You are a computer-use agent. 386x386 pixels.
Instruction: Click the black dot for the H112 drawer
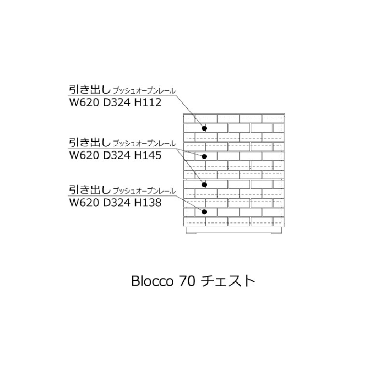[204, 128]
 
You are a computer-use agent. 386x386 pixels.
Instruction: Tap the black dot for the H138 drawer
[204, 212]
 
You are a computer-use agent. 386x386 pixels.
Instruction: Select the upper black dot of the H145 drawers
[204, 156]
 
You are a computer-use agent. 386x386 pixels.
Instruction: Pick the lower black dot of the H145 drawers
[204, 185]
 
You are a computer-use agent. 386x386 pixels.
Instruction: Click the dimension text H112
[148, 102]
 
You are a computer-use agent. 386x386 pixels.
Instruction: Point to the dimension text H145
[148, 155]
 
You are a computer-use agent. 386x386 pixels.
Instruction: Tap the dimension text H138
[148, 203]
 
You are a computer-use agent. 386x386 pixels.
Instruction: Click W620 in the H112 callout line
[84, 102]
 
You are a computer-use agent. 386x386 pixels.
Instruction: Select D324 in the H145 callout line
[116, 155]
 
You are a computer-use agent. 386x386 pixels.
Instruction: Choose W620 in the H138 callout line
[84, 203]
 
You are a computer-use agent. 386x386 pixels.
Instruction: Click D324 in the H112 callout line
[116, 102]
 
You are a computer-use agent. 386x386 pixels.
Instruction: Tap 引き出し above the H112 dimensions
[90, 90]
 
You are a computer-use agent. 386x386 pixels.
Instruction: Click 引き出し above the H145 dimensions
[90, 142]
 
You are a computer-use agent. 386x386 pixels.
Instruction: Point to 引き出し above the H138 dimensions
[90, 190]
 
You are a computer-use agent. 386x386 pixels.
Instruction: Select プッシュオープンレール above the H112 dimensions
[144, 91]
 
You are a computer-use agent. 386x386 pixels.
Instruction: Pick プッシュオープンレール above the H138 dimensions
[144, 191]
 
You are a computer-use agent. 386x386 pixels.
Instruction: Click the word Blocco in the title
[152, 281]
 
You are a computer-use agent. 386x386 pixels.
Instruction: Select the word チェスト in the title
[228, 281]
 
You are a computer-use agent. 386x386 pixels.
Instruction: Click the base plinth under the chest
[234, 230]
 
